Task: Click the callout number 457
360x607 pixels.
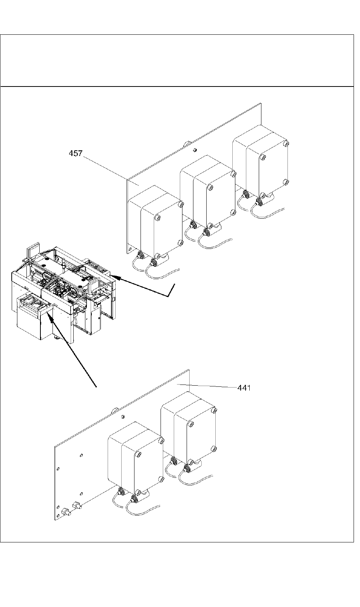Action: point(75,153)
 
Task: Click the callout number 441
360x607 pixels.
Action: point(244,388)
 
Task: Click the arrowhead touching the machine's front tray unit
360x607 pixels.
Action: point(49,315)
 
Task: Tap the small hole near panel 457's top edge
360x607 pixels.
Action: point(195,150)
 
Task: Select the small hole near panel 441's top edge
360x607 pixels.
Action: point(123,417)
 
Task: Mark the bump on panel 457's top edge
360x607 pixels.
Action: point(187,144)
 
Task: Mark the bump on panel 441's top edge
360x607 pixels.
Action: point(115,410)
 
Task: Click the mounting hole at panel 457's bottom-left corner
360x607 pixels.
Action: point(130,249)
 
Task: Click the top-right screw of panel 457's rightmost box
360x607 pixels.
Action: point(285,142)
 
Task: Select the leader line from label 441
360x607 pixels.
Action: point(207,386)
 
